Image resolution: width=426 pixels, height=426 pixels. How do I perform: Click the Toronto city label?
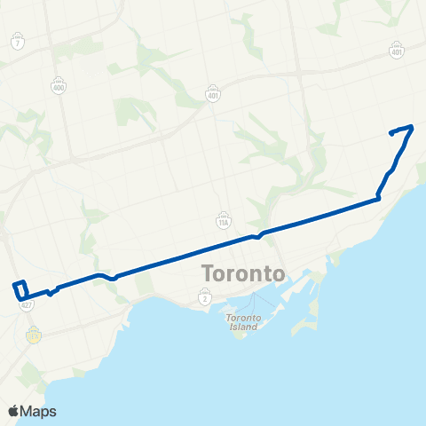[243, 272]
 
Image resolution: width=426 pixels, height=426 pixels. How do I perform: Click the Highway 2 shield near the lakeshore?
[205, 300]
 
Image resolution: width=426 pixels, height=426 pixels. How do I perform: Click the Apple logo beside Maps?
[13, 411]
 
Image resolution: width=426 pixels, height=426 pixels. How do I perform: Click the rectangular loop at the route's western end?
[20, 289]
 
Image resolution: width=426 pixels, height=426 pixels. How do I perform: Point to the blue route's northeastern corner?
[413, 127]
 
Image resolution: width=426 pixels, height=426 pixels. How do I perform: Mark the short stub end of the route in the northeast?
[390, 133]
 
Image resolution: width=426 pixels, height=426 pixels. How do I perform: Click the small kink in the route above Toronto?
[256, 236]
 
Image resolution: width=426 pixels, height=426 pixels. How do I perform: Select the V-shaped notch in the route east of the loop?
[51, 293]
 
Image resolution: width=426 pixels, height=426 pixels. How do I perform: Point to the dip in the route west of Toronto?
[112, 278]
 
